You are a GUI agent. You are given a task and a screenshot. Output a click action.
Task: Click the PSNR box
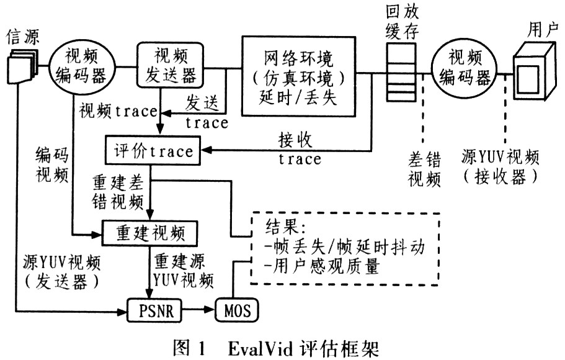155,310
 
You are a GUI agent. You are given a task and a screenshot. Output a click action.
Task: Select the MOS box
237,310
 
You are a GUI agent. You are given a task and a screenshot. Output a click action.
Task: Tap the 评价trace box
153,151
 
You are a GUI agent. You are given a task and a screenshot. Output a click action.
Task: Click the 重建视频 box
150,233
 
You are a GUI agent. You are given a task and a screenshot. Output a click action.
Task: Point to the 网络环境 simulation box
298,76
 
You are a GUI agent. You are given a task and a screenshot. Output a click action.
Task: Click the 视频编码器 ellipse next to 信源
82,67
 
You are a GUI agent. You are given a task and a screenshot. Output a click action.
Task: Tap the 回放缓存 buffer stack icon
401,72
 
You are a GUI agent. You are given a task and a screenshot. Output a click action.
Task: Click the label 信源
23,37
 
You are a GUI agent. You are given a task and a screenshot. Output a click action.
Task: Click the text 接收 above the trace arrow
295,140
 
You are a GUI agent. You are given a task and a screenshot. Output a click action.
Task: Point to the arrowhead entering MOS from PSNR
210,310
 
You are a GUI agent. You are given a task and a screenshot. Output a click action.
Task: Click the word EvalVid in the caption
259,348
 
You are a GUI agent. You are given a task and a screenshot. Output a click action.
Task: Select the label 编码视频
52,165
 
